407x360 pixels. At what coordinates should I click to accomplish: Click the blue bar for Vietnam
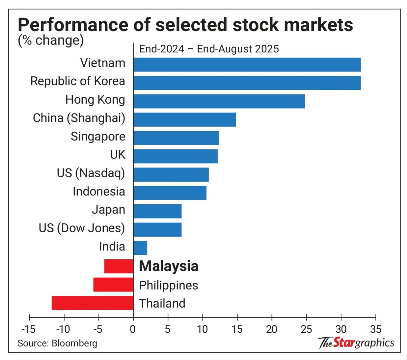(x=247, y=65)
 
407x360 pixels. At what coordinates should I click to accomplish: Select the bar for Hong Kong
(x=219, y=101)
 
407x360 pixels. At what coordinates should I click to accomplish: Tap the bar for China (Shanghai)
(x=184, y=120)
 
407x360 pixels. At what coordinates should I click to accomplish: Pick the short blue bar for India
(x=140, y=248)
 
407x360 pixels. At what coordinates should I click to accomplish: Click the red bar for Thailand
(x=92, y=303)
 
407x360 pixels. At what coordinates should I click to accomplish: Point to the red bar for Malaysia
(x=118, y=266)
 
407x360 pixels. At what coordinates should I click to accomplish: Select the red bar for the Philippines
(x=113, y=285)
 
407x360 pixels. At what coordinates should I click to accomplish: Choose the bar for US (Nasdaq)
(x=171, y=174)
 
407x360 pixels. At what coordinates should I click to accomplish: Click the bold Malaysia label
(x=169, y=266)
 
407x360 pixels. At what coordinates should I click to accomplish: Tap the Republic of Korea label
(x=78, y=81)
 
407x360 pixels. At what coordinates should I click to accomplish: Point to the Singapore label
(x=98, y=137)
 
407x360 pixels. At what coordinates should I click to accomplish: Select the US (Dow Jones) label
(x=82, y=228)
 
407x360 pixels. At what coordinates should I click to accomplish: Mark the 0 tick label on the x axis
(x=133, y=329)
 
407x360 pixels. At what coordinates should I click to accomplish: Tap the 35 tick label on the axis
(x=375, y=329)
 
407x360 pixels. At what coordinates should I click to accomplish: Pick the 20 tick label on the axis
(x=271, y=329)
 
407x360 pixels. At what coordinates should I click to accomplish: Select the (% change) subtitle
(x=51, y=41)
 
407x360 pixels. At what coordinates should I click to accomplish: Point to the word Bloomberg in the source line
(x=75, y=343)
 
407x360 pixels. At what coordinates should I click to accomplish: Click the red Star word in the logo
(x=344, y=342)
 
